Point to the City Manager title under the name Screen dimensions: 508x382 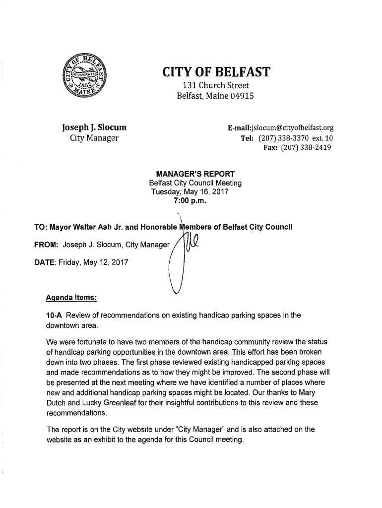click(x=93, y=138)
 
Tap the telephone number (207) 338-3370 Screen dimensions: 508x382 click(x=281, y=138)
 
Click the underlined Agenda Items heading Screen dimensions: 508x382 click(x=71, y=299)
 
